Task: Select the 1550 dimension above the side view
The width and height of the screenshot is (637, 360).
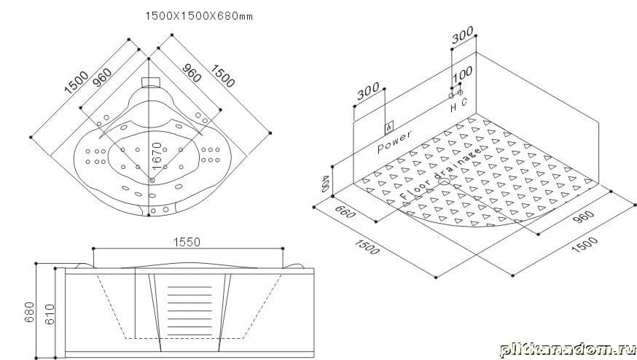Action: (x=187, y=242)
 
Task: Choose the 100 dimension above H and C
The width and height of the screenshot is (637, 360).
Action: (x=462, y=76)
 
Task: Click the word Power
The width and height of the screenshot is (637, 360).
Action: (x=394, y=140)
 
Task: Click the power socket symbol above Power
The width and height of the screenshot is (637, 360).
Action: (x=389, y=126)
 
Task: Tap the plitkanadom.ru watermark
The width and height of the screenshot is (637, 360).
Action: (x=566, y=346)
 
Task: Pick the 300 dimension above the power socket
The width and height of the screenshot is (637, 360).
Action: (x=369, y=92)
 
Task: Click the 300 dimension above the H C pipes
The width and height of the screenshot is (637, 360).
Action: (x=462, y=36)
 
